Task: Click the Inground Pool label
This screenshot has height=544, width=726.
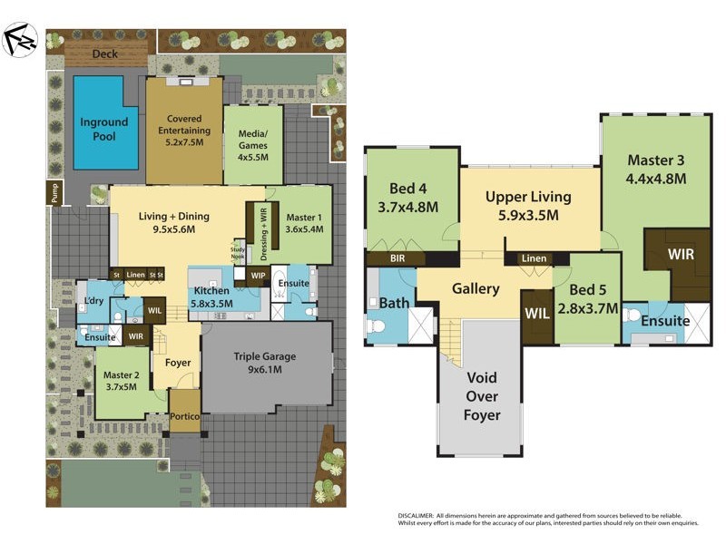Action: tap(104, 129)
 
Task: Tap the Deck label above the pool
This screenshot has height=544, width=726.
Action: tap(105, 54)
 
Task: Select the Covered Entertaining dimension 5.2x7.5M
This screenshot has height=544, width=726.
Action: tap(184, 142)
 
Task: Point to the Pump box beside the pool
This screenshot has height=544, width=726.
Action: tap(54, 193)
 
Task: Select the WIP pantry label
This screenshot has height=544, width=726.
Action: tap(258, 276)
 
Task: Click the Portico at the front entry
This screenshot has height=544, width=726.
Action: tap(185, 416)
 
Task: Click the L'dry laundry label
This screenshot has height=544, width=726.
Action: tap(93, 301)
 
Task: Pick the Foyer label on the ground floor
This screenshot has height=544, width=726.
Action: tap(178, 363)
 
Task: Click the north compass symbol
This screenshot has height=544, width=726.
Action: tap(19, 39)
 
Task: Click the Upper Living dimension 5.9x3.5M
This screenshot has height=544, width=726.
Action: tap(527, 216)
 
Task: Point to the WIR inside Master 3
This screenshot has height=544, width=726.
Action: tap(680, 255)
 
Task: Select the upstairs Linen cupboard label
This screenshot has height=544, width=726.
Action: tap(535, 259)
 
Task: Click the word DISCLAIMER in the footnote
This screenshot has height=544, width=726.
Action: tap(418, 516)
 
